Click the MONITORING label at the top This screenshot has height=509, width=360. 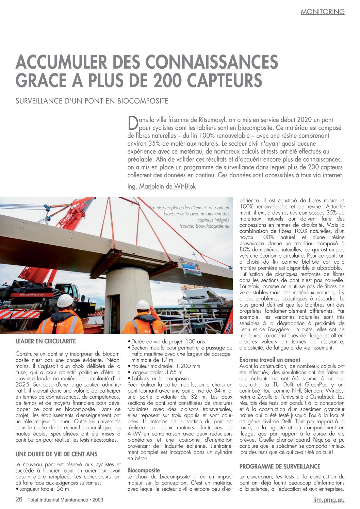[x=322, y=12]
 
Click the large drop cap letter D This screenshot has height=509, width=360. [x=132, y=123]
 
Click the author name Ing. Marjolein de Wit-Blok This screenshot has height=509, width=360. [x=161, y=186]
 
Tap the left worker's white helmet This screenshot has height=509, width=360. [x=65, y=301]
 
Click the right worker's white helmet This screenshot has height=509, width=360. [x=143, y=305]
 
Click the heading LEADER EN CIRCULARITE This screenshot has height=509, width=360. [x=46, y=341]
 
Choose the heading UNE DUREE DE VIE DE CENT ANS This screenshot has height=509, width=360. [x=56, y=454]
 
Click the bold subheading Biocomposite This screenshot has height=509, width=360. [x=144, y=471]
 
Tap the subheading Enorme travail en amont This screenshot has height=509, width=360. [x=269, y=360]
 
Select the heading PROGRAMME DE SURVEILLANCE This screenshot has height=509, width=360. [x=280, y=466]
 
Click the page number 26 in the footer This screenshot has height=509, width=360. [x=19, y=499]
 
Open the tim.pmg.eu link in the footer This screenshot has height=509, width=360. [x=329, y=500]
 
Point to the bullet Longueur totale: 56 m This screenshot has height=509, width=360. [x=44, y=489]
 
